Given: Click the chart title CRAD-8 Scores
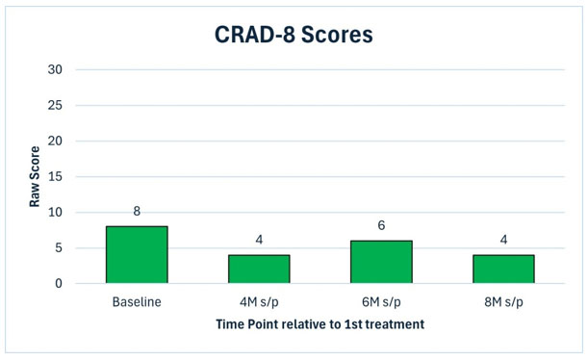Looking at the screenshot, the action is (x=294, y=35).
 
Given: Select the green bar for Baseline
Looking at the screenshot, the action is (x=137, y=255).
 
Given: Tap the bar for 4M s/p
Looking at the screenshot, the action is (x=259, y=269).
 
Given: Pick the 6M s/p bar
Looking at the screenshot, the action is (x=381, y=262).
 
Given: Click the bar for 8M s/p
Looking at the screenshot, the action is (x=503, y=269).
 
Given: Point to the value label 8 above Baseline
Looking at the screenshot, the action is (x=137, y=211).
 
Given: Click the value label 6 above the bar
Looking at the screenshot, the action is (x=381, y=225).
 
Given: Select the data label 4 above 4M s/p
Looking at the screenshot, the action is (x=259, y=240).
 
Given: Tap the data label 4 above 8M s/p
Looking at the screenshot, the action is (x=503, y=240).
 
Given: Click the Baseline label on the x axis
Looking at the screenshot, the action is (x=137, y=302).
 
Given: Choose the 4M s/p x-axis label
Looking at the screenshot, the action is (x=259, y=302).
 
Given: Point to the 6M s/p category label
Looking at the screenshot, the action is (x=381, y=302).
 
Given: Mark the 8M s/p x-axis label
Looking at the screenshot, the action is (x=503, y=302).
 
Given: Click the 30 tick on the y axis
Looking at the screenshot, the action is (x=55, y=69).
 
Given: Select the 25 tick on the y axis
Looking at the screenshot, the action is (x=55, y=105).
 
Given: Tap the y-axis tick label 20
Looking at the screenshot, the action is (x=55, y=141).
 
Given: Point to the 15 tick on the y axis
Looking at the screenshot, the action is (x=55, y=176).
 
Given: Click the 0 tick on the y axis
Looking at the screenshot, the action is (x=59, y=284).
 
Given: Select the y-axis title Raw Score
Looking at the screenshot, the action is (x=35, y=176).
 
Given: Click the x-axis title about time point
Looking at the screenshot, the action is (x=320, y=324).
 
